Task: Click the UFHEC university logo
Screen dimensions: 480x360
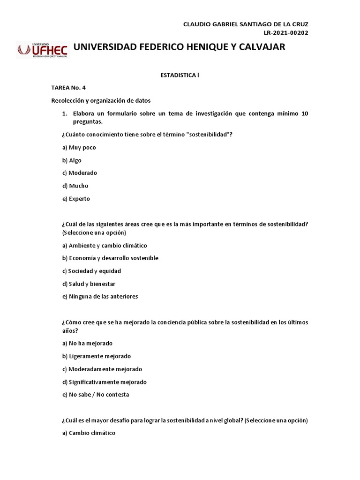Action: click(43, 49)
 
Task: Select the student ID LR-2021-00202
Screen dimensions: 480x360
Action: click(286, 32)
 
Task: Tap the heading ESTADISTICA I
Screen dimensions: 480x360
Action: click(180, 75)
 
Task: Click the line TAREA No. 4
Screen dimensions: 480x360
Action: click(68, 88)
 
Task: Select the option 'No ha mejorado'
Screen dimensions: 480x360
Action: click(87, 343)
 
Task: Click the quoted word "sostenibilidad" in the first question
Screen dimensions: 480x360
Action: click(208, 135)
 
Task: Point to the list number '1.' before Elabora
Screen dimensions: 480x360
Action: click(65, 114)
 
